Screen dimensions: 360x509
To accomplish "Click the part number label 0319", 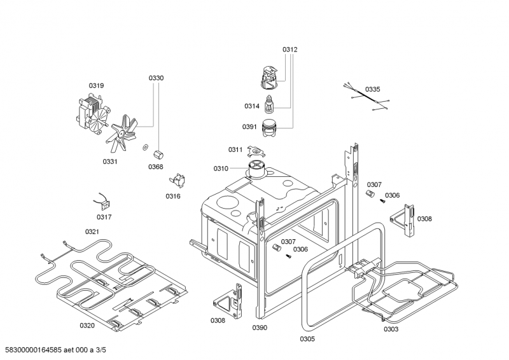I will (x=96, y=85).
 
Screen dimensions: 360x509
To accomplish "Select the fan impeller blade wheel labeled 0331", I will (x=124, y=135).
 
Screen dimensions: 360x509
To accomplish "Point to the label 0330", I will (x=156, y=78).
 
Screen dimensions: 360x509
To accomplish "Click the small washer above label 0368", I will (x=145, y=148).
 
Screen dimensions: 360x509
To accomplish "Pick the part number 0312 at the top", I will (x=290, y=49).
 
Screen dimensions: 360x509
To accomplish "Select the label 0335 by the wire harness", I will (x=373, y=89).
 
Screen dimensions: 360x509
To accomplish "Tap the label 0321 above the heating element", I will (x=92, y=232).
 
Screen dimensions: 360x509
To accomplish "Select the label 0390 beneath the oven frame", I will (x=260, y=328).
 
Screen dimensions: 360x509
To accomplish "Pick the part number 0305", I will (x=307, y=339).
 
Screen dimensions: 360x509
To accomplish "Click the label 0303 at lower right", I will (x=391, y=329).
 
